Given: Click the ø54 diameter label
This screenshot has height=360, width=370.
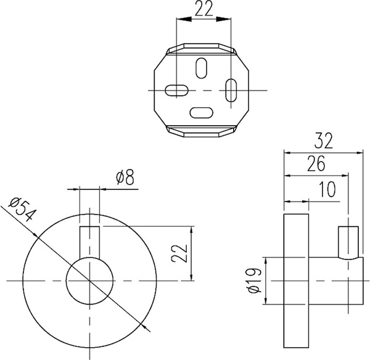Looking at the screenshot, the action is click(x=22, y=210).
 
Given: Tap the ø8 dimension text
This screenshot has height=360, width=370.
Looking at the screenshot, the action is click(x=125, y=177).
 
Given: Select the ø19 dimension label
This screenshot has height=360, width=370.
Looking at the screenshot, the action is click(x=255, y=280).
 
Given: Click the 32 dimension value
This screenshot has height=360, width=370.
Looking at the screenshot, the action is click(x=324, y=141).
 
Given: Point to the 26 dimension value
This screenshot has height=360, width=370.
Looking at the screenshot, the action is click(x=316, y=163).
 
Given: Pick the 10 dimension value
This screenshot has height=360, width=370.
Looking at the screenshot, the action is click(x=327, y=189).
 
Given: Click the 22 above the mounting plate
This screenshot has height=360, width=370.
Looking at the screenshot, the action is click(x=204, y=9).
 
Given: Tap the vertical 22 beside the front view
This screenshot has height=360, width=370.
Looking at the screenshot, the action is click(x=179, y=253).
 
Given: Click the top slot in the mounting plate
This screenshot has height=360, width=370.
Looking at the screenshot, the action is click(x=201, y=68).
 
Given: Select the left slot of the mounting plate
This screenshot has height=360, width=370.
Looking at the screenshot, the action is click(x=177, y=90).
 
